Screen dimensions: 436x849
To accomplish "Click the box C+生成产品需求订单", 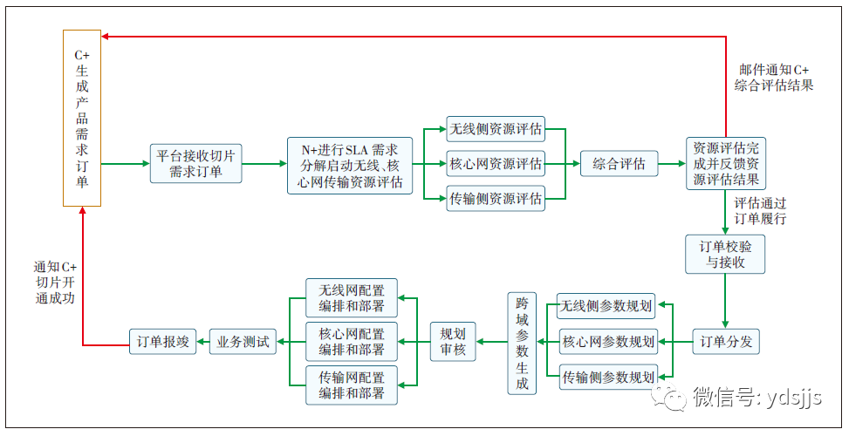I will pos(82,118).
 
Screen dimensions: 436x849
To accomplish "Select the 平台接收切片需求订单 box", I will pos(195,164).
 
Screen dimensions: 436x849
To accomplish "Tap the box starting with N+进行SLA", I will pos(350,164).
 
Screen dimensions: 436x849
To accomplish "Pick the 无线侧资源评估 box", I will pos(496,130).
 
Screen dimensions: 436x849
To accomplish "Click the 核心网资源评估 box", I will pos(496,163).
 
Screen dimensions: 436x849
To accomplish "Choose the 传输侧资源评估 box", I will pos(496,199).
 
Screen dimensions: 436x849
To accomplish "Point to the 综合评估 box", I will pos(620,163).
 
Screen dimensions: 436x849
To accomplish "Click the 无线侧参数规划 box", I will pos(607,305).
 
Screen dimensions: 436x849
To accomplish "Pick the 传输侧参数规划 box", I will pos(607,378).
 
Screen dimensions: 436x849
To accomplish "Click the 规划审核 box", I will pos(453,342).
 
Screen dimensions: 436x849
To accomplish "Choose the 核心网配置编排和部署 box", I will pos(352,342).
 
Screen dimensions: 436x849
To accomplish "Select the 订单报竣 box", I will pos(160,342).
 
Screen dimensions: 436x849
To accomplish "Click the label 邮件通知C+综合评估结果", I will pos(774,78).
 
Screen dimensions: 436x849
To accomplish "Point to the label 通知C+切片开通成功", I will pos(56,282).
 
